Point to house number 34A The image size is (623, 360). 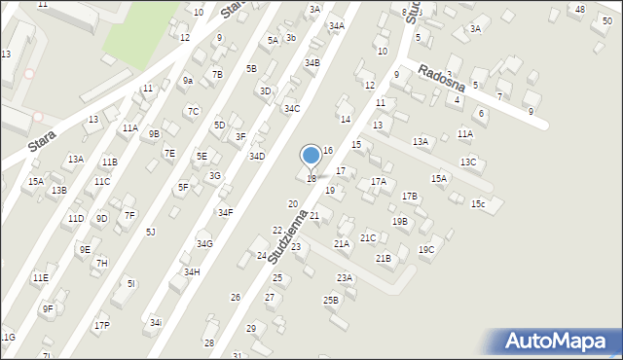(337, 26)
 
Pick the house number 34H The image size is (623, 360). (192, 272)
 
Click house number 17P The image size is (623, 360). (102, 325)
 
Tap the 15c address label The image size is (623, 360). (477, 204)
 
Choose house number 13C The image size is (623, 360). (468, 162)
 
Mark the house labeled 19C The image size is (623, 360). (426, 250)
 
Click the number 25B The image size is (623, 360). (331, 300)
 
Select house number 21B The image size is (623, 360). (384, 258)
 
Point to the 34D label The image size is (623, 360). (257, 156)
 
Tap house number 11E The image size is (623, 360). (40, 278)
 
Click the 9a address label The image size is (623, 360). (188, 81)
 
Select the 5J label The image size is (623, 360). (150, 232)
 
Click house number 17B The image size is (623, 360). (410, 197)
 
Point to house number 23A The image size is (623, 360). (345, 278)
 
